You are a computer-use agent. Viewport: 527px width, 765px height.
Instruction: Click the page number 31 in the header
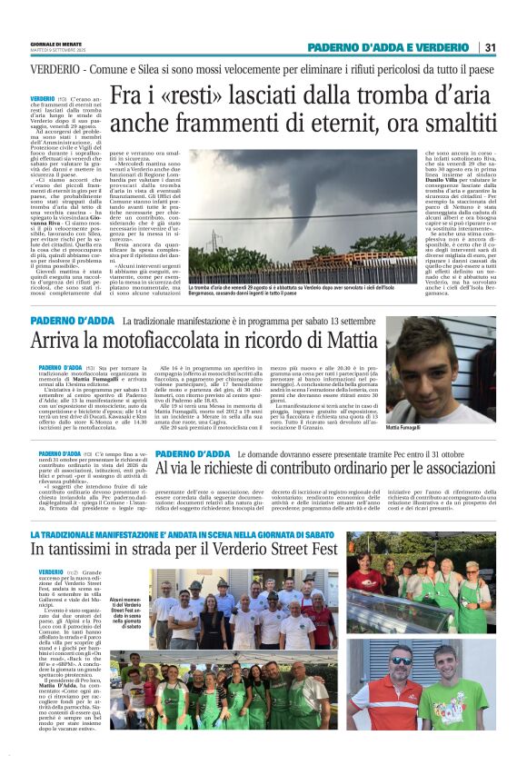pos(490,47)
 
